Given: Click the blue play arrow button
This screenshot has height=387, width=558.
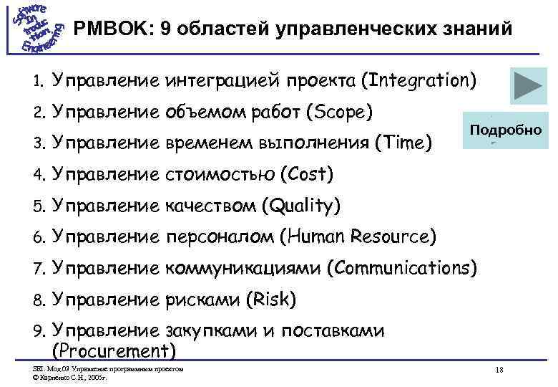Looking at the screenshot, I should pos(529,86).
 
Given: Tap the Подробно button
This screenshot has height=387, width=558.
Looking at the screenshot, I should pos(505,131).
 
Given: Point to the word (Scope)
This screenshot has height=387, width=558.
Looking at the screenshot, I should pos(338,112).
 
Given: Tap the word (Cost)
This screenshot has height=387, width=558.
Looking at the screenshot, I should pos(307,174).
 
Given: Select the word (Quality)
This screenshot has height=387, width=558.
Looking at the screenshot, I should pos(300,206).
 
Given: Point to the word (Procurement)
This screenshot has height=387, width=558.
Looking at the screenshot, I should pos(114,350).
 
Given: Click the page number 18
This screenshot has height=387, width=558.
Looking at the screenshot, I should pos(499,371).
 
